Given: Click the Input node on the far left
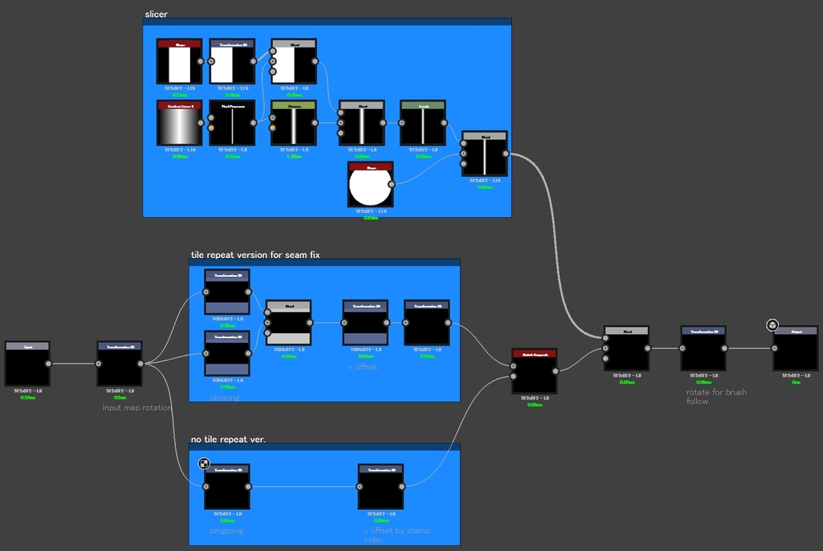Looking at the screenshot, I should coord(28,364).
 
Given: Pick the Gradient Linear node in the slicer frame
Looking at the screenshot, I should coord(179,123).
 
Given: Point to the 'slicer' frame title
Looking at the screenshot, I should coord(156,14).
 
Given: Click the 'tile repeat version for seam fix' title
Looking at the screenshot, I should coord(255,255).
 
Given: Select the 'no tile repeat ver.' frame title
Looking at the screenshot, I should coord(228,440).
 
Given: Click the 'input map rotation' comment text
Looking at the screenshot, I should coord(137,407).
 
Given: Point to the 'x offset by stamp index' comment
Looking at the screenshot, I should coord(396,535).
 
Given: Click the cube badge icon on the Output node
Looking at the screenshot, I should coord(772,326).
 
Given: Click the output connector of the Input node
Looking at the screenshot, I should coord(47,364).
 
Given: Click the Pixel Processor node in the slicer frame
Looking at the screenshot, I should coord(232,123).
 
